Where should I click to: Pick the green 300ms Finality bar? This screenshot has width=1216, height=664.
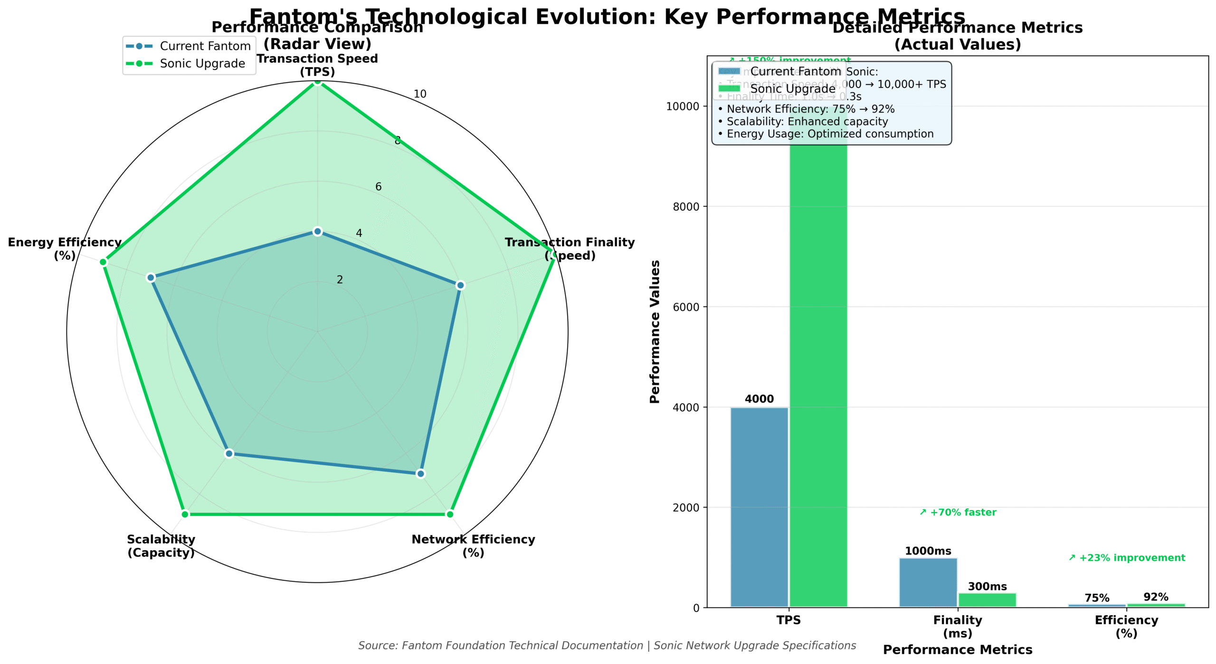tap(987, 600)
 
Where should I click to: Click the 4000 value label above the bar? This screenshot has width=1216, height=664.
tap(759, 399)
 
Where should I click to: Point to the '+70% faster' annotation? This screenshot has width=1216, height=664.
tap(958, 512)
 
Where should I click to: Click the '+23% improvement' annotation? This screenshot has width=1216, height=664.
tap(1126, 558)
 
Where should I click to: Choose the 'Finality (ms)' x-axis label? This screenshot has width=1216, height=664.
tap(957, 626)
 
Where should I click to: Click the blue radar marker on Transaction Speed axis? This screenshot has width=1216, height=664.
tap(317, 231)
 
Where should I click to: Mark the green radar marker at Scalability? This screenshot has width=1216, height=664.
tap(185, 514)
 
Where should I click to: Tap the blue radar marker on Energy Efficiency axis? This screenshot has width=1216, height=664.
tap(151, 278)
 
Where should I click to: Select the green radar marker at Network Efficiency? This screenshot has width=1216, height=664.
tap(449, 514)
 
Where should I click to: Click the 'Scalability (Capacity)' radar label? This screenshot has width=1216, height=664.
tap(161, 546)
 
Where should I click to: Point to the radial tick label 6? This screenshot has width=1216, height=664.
tap(378, 187)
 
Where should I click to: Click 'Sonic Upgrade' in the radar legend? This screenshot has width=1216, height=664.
tap(202, 63)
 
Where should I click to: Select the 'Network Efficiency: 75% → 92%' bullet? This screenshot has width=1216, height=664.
tap(806, 109)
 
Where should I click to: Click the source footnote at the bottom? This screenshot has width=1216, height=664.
tap(607, 645)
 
